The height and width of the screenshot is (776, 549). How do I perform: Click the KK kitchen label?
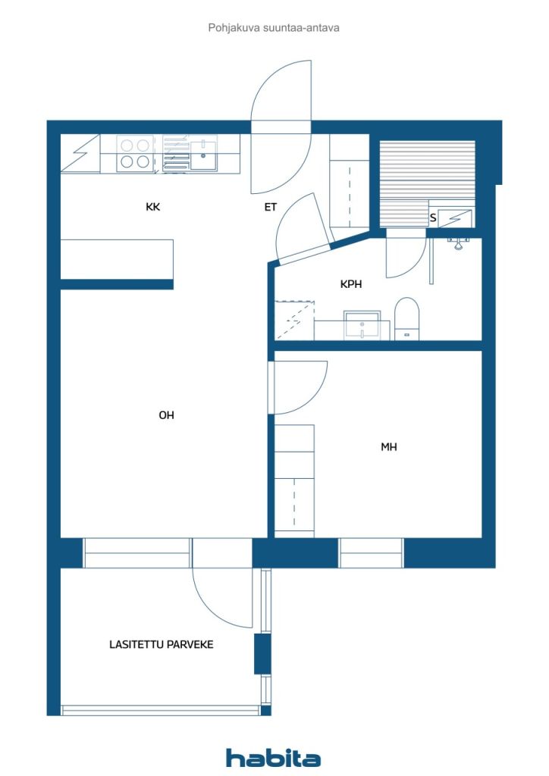pyautogui.click(x=153, y=207)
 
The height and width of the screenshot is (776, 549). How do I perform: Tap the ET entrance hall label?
pyautogui.click(x=270, y=207)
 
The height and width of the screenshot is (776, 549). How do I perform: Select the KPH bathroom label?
pyautogui.click(x=351, y=284)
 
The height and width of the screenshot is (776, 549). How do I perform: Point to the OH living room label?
pyautogui.click(x=166, y=415)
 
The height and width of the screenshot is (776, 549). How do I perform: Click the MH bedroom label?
pyautogui.click(x=389, y=447)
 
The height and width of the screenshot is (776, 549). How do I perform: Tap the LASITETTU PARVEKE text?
pyautogui.click(x=162, y=644)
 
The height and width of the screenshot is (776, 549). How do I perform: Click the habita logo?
pyautogui.click(x=273, y=758)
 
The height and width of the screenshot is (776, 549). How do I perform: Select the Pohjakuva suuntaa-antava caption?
pyautogui.click(x=274, y=28)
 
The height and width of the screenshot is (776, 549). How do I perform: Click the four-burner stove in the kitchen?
pyautogui.click(x=135, y=153)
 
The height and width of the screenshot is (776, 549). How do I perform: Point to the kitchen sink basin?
pyautogui.click(x=203, y=155)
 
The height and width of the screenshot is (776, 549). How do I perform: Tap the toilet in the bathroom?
pyautogui.click(x=407, y=319)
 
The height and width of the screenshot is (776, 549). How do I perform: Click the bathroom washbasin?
pyautogui.click(x=362, y=325)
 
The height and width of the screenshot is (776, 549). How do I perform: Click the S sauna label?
pyautogui.click(x=433, y=217)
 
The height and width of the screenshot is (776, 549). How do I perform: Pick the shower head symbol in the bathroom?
pyautogui.click(x=459, y=242)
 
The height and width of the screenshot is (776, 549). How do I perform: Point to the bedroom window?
pyautogui.click(x=371, y=552)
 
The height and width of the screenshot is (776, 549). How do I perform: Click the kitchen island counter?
pyautogui.click(x=117, y=259)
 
